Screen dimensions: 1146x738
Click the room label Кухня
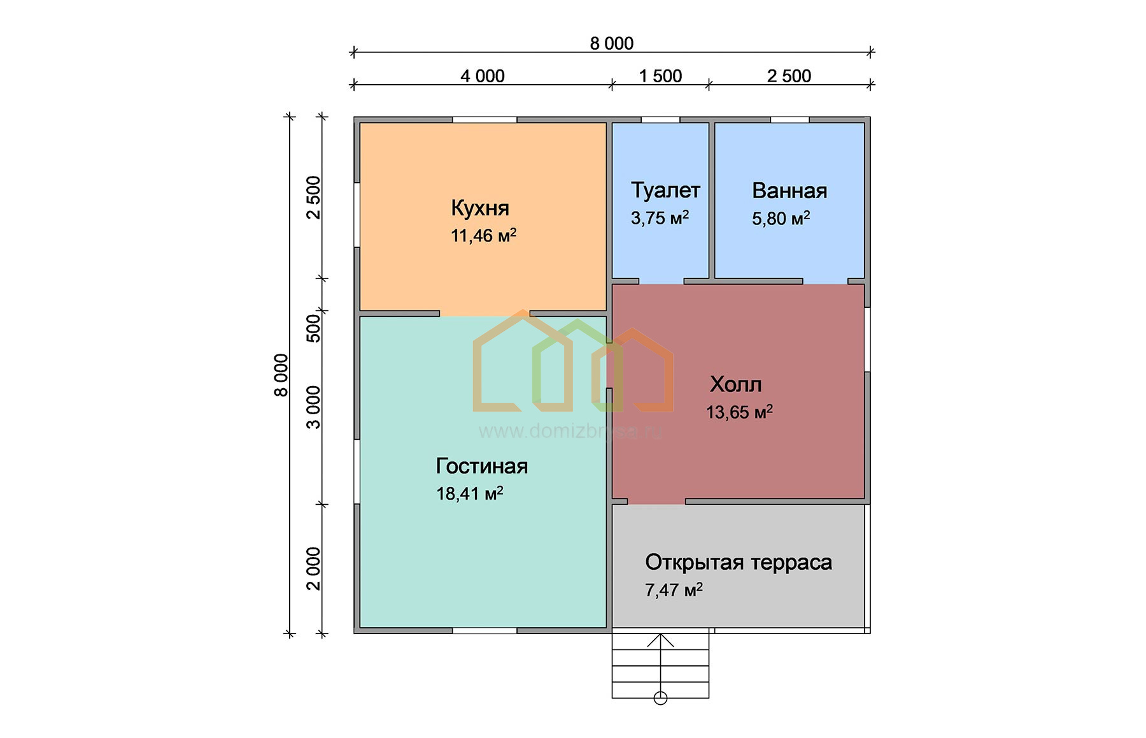[480, 208]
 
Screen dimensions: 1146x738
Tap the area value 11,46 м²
[483, 235]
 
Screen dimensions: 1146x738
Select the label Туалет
[665, 190]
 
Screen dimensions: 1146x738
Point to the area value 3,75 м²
[660, 218]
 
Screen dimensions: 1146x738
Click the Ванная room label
[789, 191]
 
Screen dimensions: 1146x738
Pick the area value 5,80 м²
[781, 219]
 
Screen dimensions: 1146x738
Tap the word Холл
[735, 384]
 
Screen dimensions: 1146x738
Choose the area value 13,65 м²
[739, 412]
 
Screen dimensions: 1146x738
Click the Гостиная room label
[482, 466]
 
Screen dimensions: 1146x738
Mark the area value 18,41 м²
[470, 493]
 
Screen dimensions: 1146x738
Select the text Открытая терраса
[739, 562]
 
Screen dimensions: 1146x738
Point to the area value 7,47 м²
[674, 590]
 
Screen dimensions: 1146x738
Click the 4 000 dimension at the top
[483, 76]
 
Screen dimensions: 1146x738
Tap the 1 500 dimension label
[660, 76]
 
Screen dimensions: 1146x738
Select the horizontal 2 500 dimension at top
[789, 76]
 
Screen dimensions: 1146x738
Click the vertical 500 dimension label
[314, 328]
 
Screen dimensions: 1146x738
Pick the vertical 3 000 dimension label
[314, 407]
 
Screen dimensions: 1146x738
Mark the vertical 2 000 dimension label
[314, 568]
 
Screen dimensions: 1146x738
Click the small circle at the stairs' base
[660, 698]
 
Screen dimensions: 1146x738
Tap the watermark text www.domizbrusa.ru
[570, 431]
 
